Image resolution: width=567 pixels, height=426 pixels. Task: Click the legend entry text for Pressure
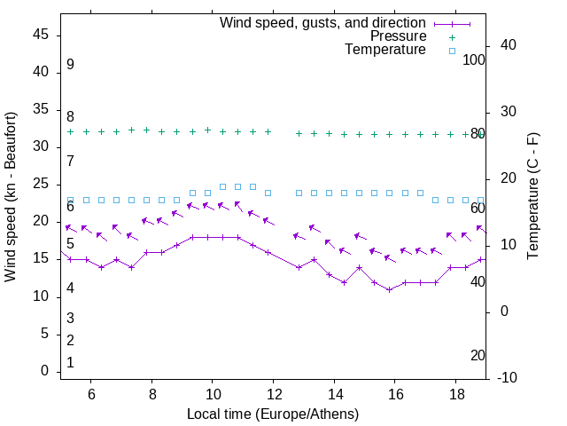pyautogui.click(x=398, y=36)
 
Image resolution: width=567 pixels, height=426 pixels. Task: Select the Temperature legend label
pyautogui.click(x=385, y=50)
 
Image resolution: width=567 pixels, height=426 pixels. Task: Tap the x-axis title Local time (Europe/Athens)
pyautogui.click(x=273, y=414)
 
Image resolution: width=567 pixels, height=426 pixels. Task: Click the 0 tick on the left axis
pyautogui.click(x=44, y=371)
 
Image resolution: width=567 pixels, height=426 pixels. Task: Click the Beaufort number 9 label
pyautogui.click(x=70, y=65)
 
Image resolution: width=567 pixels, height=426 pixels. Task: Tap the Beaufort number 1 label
pyautogui.click(x=70, y=362)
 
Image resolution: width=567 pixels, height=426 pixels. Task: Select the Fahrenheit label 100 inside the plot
pyautogui.click(x=474, y=59)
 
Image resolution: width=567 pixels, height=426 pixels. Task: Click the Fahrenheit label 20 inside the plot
pyautogui.click(x=478, y=355)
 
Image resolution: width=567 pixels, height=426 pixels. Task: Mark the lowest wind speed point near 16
pyautogui.click(x=389, y=289)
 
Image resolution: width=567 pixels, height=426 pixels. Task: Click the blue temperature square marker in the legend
pyautogui.click(x=451, y=51)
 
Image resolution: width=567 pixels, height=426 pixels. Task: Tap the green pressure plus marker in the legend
pyautogui.click(x=451, y=37)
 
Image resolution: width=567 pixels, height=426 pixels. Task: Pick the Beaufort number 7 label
pyautogui.click(x=70, y=161)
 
